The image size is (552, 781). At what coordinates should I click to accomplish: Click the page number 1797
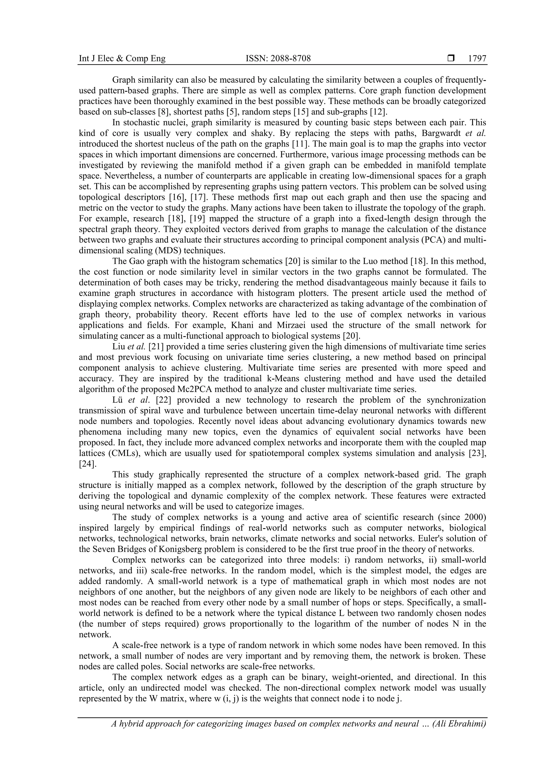tap(477, 59)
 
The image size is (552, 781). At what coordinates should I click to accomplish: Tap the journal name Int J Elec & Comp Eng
tap(122, 59)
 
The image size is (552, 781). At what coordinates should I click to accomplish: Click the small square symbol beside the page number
tap(451, 59)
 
